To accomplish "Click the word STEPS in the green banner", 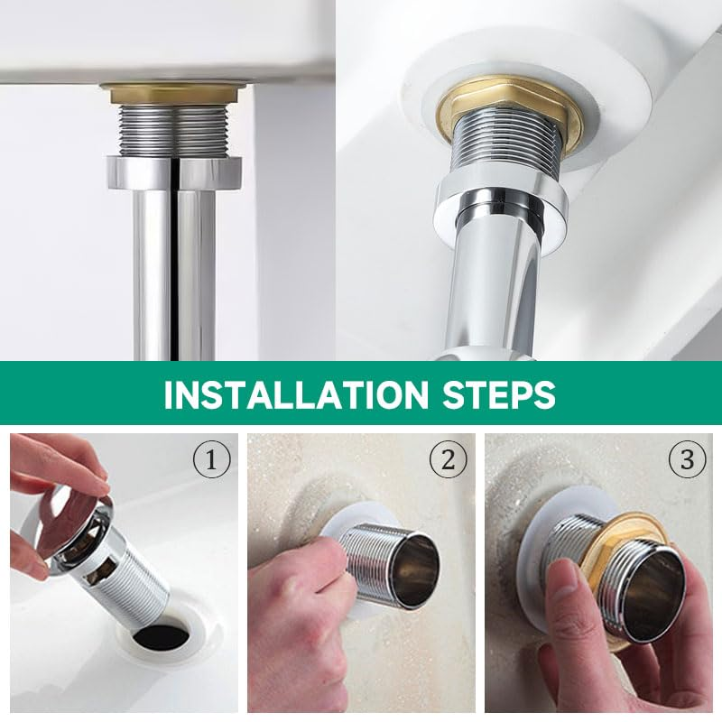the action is point(499,393).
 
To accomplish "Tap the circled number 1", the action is point(211,459).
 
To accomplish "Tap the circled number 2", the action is point(448,459).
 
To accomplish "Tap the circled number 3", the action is point(687,459).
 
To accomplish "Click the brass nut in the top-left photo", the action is point(174,95).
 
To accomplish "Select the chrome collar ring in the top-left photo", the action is point(174,172).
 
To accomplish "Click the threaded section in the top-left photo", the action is point(175,130).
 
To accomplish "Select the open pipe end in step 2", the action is point(417,568).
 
